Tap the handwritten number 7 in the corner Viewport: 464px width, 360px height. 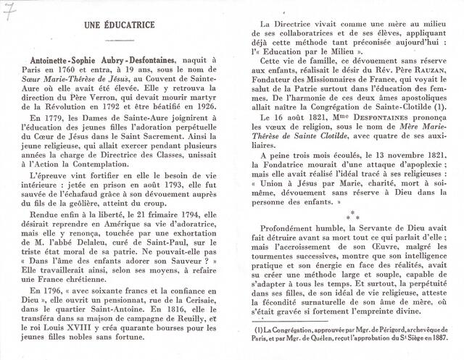point(9,9)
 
